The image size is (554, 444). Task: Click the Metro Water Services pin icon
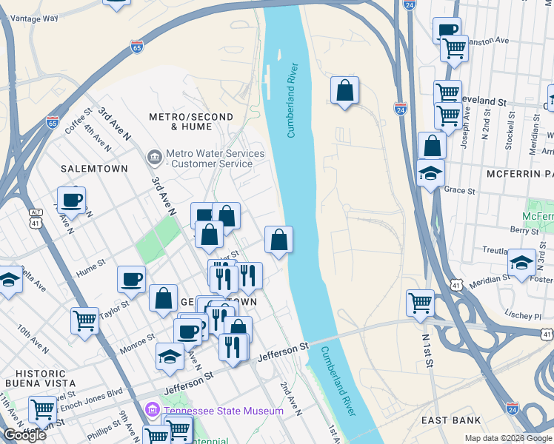click(154, 157)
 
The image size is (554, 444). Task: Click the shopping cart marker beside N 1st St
click(420, 302)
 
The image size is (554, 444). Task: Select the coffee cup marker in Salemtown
click(72, 199)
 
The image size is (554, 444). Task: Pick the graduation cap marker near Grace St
click(431, 174)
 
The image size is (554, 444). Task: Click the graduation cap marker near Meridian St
click(521, 263)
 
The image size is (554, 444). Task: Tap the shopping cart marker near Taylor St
click(84, 320)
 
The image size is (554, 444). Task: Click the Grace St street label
click(459, 190)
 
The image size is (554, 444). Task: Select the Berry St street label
click(524, 230)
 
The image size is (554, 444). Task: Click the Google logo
click(24, 435)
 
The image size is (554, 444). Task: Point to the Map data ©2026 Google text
click(507, 438)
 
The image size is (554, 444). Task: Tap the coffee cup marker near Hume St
click(131, 278)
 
